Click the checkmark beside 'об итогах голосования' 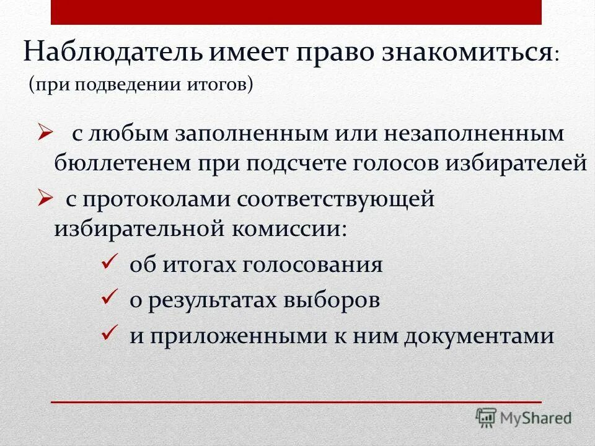pyautogui.click(x=109, y=263)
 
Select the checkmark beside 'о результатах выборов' pyautogui.click(x=109, y=299)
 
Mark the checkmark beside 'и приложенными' pyautogui.click(x=109, y=334)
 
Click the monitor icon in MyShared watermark pyautogui.click(x=487, y=418)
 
